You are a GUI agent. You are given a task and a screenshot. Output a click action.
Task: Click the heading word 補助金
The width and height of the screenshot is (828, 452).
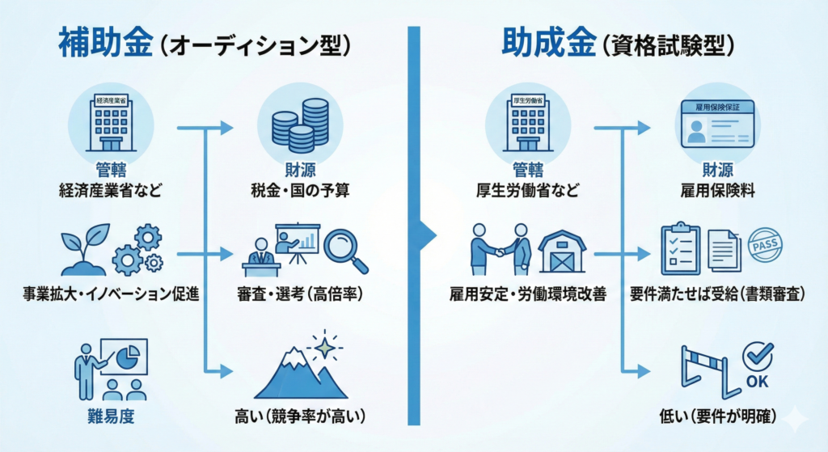coord(105,42)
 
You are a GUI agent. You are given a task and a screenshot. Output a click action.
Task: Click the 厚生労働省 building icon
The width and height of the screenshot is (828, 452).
coord(525,125)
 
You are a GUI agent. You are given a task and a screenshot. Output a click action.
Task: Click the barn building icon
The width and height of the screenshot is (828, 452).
coord(563,252)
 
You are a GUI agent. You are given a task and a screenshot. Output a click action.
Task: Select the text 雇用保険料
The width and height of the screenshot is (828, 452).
coord(717,192)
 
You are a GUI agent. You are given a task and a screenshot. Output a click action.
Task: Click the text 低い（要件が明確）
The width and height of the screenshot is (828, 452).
coord(718,417)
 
